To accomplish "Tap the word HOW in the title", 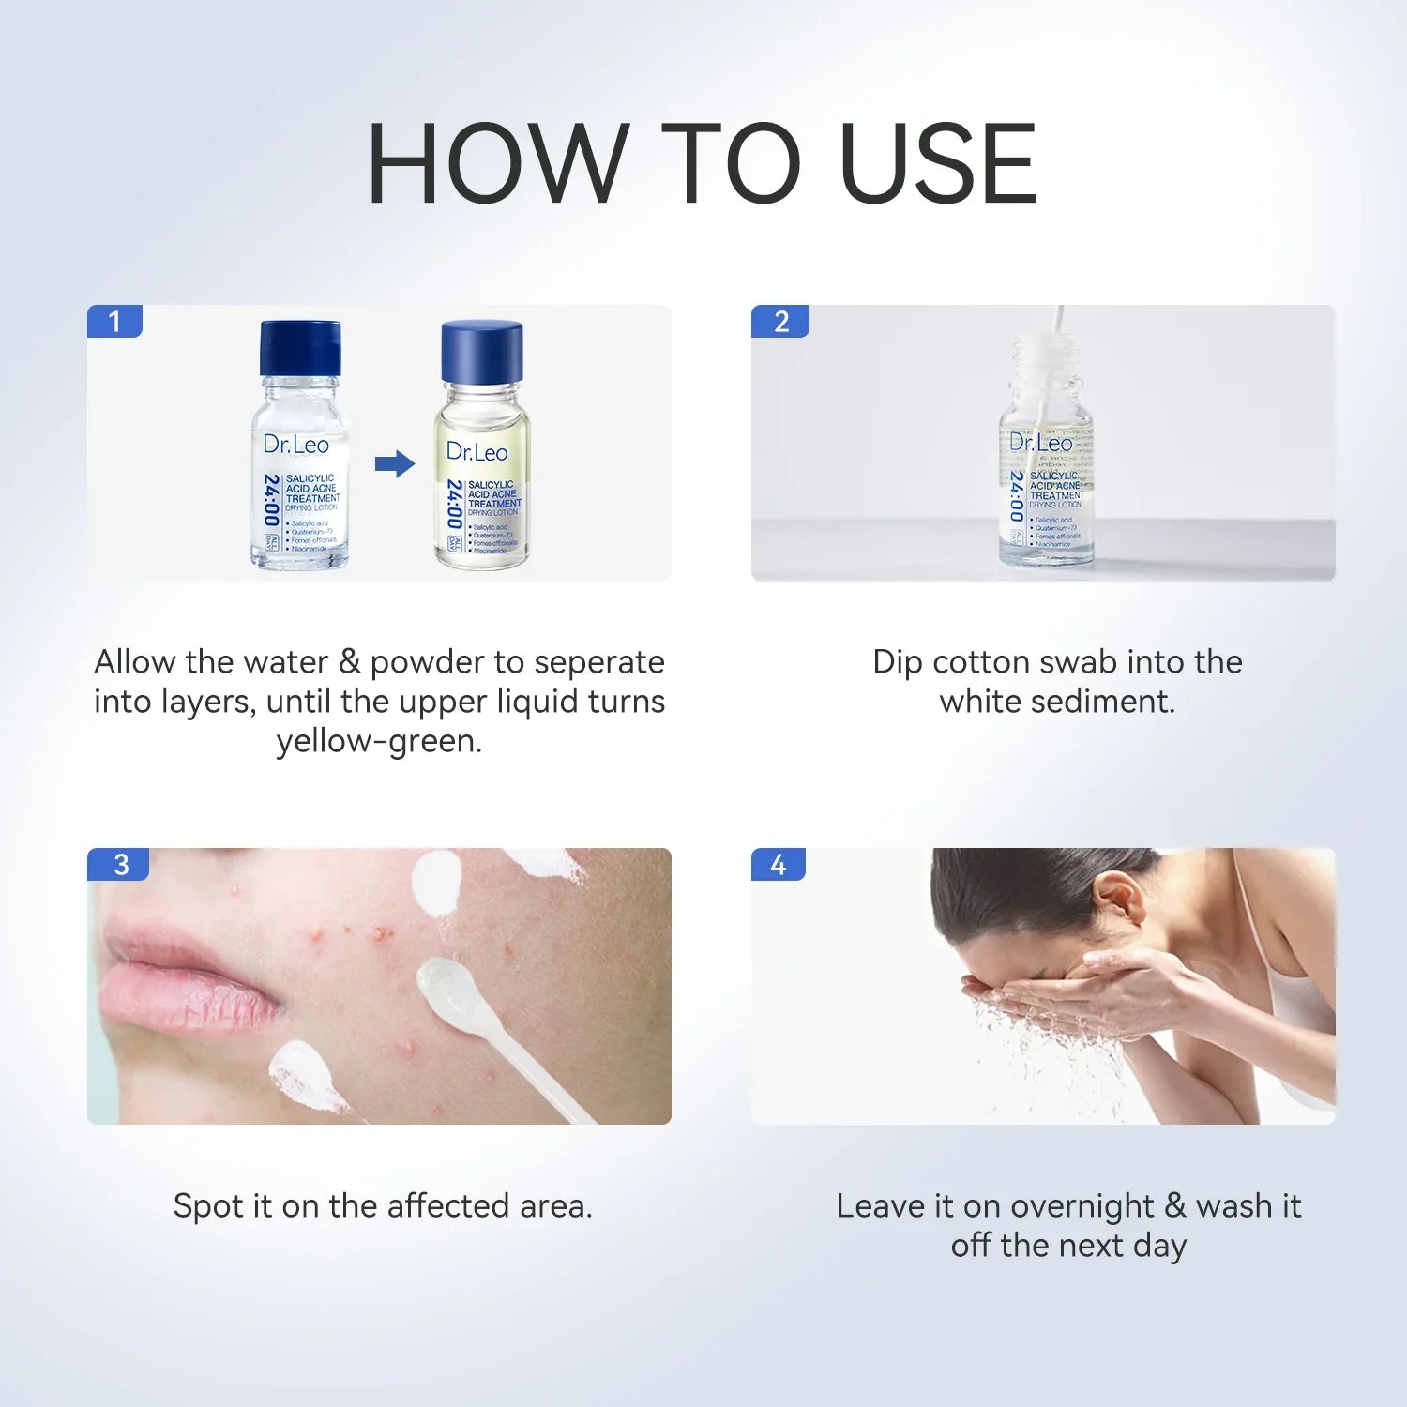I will [x=497, y=164].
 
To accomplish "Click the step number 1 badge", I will [x=114, y=322].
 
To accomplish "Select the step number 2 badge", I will [x=780, y=322].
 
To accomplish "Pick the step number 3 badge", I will [x=119, y=864].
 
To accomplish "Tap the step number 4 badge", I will [x=779, y=864].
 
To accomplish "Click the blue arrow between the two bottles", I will [x=394, y=463].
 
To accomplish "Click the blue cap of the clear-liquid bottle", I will [x=300, y=347].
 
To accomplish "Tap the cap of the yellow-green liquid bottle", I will [x=481, y=351].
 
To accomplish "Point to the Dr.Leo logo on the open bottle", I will [x=1041, y=442].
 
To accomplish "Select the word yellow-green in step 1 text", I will [x=379, y=741].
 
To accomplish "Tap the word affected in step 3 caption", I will [x=448, y=1205].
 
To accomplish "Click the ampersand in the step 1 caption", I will [x=349, y=662].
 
